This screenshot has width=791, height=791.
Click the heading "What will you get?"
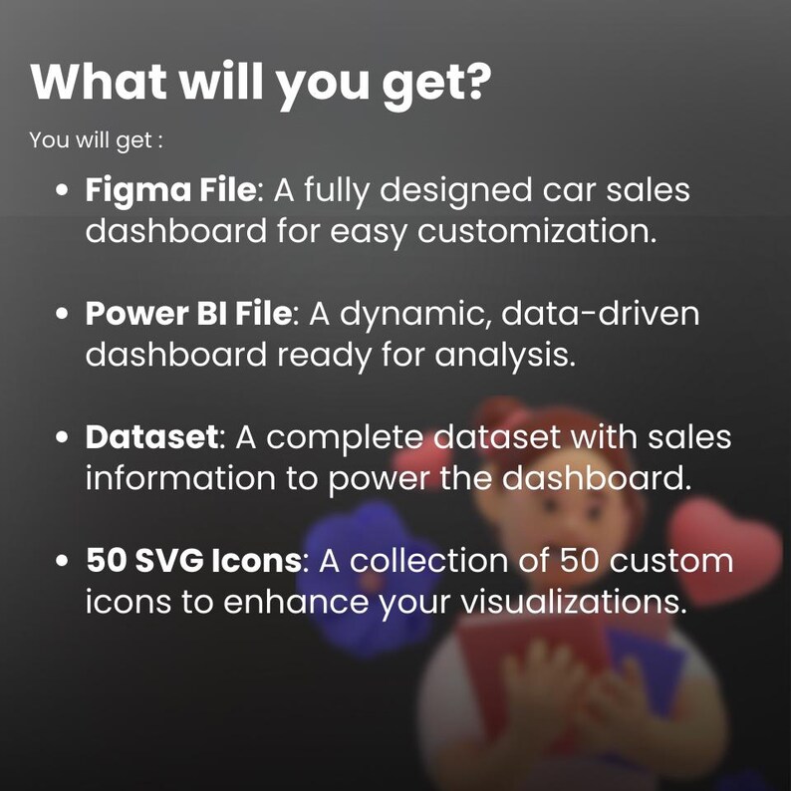(x=261, y=83)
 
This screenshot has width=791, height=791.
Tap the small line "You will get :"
(x=96, y=139)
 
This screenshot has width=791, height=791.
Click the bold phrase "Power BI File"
(x=188, y=313)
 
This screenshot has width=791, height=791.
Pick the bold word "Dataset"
(x=150, y=436)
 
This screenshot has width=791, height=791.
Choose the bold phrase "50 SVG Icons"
(x=192, y=561)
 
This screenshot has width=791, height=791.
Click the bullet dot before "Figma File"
(x=63, y=190)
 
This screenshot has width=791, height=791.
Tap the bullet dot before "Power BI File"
(x=63, y=314)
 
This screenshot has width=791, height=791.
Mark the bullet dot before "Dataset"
(x=63, y=437)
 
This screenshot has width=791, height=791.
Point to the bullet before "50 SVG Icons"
(x=63, y=562)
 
